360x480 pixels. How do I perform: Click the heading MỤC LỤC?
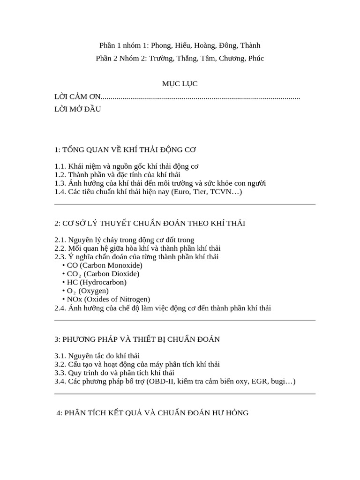tap(180, 84)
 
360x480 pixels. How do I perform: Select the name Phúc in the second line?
tap(255, 59)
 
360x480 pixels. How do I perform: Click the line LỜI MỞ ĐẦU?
tap(77, 109)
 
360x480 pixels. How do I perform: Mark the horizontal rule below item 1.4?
tap(185, 204)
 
